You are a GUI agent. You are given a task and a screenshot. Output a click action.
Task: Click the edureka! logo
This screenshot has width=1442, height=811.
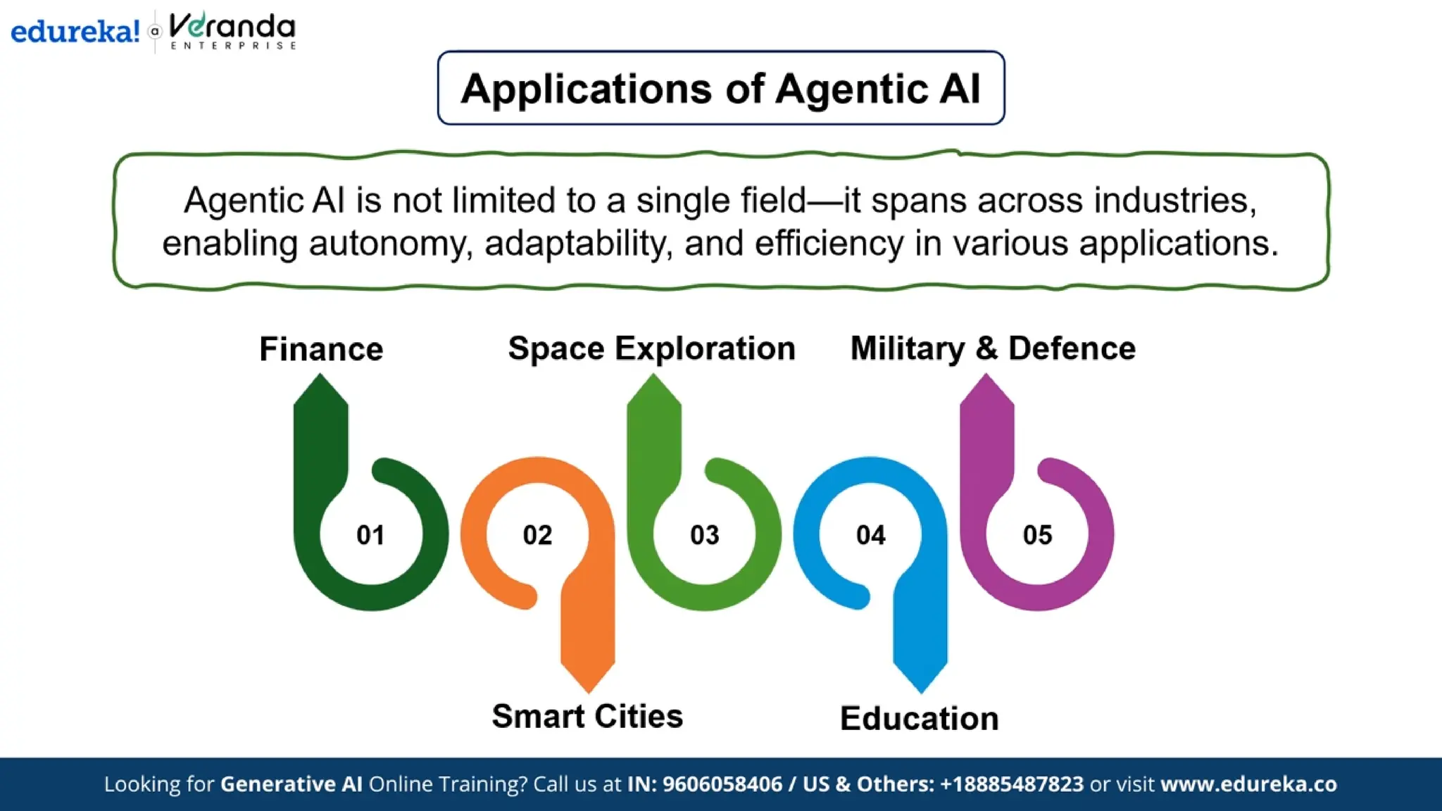click(x=75, y=32)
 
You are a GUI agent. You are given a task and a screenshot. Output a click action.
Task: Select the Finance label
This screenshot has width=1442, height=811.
click(x=321, y=349)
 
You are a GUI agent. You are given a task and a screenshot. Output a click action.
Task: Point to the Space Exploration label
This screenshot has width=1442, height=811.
click(x=651, y=348)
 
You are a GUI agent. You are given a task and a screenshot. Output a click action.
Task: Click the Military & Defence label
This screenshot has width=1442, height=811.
click(x=993, y=348)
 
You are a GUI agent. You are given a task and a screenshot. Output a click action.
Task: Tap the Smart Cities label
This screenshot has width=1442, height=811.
click(x=587, y=717)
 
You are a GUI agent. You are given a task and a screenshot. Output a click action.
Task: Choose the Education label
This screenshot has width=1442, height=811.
click(x=919, y=719)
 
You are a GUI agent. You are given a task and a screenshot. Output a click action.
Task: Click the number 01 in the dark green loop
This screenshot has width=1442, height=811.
click(x=370, y=535)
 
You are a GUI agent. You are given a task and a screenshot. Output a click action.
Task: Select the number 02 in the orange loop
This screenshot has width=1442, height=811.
click(x=537, y=535)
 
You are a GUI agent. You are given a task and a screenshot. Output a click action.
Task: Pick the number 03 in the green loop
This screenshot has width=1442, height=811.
click(x=704, y=535)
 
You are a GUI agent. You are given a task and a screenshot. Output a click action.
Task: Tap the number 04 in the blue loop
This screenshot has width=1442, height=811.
click(x=871, y=535)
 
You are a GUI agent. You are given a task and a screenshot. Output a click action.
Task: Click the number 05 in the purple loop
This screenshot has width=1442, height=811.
click(x=1037, y=535)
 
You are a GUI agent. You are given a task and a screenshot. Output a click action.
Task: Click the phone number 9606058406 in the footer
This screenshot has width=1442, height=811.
click(x=722, y=784)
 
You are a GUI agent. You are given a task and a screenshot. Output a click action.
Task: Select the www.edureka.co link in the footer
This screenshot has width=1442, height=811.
click(x=1248, y=784)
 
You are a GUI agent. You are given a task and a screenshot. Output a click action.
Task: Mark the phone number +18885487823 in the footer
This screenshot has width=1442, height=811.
click(x=1012, y=784)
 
